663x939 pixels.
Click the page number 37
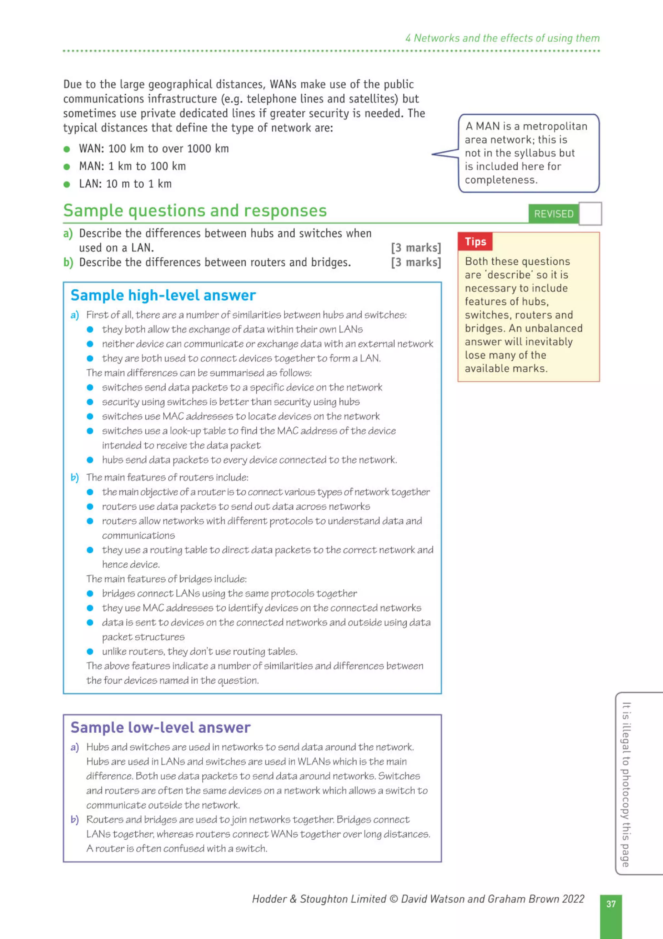[x=611, y=904]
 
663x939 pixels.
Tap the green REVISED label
[x=554, y=214]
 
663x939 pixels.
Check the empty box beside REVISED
[x=590, y=214]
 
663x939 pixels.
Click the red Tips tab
[x=475, y=242]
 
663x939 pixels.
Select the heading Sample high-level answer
[x=163, y=295]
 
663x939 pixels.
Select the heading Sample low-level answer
[x=160, y=727]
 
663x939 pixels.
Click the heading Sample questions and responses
[x=195, y=211]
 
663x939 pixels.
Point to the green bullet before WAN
[x=67, y=149]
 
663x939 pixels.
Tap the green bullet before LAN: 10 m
[x=67, y=184]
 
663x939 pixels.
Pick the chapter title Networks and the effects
[x=502, y=38]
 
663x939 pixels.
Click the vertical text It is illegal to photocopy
[x=626, y=784]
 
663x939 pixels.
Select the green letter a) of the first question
[x=68, y=234]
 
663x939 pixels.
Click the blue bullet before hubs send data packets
[x=90, y=460]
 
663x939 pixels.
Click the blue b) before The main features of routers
[x=74, y=477]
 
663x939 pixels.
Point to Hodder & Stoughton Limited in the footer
[x=319, y=898]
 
